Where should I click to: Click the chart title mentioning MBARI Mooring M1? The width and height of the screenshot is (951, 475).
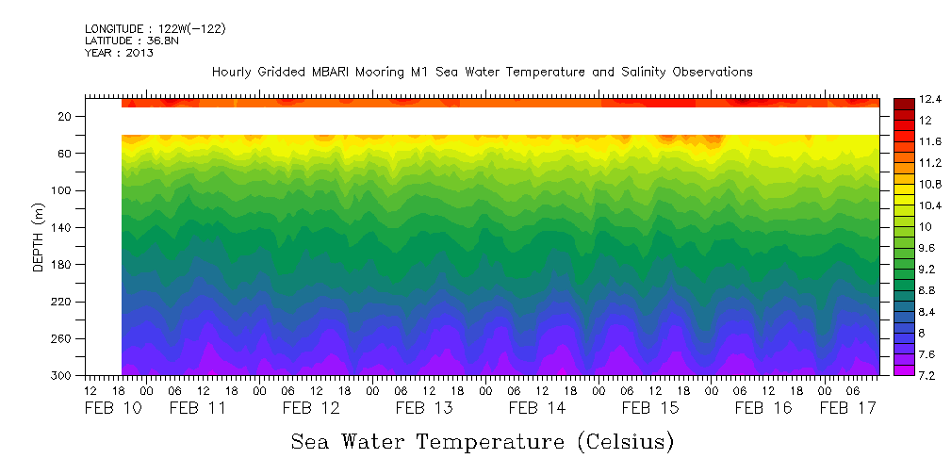[482, 73]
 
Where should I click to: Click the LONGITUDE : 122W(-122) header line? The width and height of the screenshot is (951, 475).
[156, 29]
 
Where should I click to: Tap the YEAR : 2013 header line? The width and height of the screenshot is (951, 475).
[119, 54]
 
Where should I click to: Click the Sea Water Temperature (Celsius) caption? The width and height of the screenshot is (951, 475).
[482, 441]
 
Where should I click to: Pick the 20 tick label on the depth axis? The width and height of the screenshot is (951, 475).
[66, 116]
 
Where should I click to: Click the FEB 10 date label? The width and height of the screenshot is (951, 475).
[113, 408]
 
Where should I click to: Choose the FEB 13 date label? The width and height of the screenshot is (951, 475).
[424, 408]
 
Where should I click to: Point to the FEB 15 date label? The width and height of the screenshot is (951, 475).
[650, 408]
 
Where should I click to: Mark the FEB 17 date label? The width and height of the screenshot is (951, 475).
[847, 408]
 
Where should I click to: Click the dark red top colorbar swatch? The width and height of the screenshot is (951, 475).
[903, 104]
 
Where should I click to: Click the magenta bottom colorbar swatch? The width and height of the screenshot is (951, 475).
[903, 369]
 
